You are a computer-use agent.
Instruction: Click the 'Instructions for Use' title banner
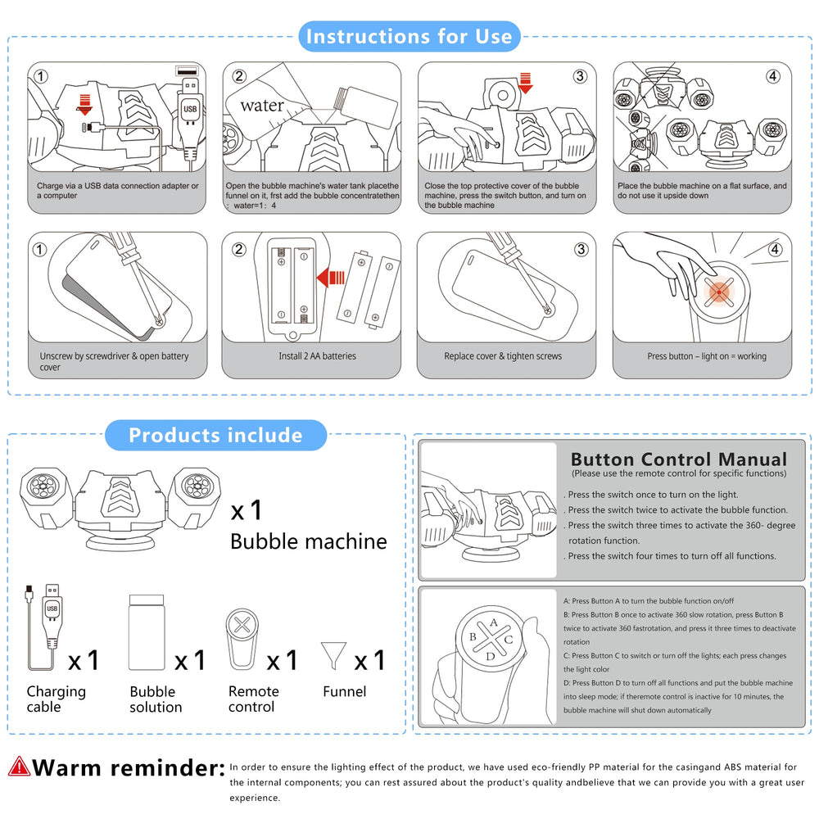click(x=409, y=37)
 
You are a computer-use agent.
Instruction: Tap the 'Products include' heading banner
click(x=215, y=435)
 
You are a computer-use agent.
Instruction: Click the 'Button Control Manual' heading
click(x=678, y=459)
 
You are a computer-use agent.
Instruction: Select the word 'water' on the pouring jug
click(x=262, y=106)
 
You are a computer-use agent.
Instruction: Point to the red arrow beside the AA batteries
click(x=330, y=278)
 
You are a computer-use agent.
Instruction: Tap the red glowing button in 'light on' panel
click(x=719, y=292)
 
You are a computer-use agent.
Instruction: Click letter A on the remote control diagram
click(x=494, y=622)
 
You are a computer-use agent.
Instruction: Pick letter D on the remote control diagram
click(x=490, y=657)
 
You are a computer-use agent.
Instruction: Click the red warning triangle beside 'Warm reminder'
click(x=19, y=767)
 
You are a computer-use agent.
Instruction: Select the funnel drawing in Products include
click(x=333, y=655)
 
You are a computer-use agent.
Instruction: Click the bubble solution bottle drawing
click(x=147, y=632)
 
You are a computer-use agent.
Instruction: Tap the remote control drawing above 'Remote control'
click(x=242, y=639)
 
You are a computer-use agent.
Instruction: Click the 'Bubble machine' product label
click(x=309, y=541)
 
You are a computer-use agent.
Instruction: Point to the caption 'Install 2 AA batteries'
click(x=317, y=356)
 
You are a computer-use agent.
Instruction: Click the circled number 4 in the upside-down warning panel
click(x=773, y=76)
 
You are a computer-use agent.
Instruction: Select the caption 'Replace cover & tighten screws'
click(x=503, y=356)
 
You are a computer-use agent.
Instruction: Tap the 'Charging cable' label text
click(x=56, y=699)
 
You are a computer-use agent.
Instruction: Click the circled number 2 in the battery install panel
click(x=238, y=249)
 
